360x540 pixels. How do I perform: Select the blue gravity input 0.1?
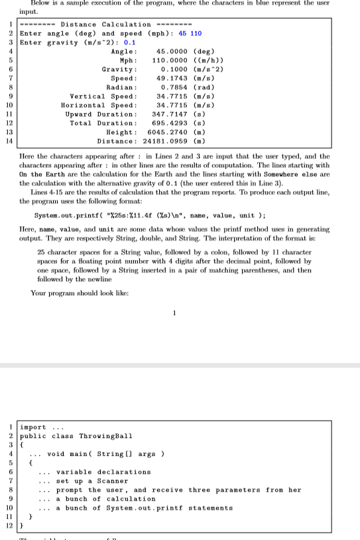(x=131, y=42)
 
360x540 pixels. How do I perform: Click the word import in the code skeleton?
(x=33, y=427)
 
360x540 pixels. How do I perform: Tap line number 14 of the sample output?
(x=10, y=141)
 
